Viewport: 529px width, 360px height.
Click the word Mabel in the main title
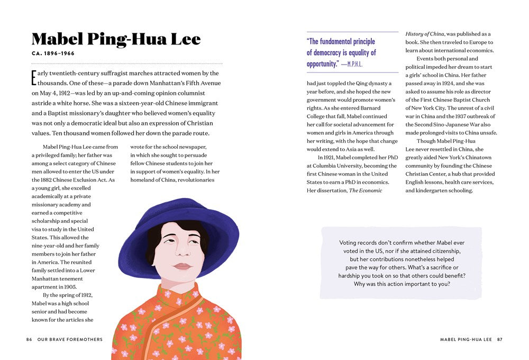[x=57, y=40]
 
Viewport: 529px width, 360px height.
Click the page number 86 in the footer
[x=29, y=339]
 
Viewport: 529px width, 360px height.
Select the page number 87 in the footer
[x=499, y=339]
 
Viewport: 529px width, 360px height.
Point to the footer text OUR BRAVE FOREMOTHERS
[x=69, y=339]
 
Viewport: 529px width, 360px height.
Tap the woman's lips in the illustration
[x=181, y=266]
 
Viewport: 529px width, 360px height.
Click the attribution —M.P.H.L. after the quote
[x=352, y=65]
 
